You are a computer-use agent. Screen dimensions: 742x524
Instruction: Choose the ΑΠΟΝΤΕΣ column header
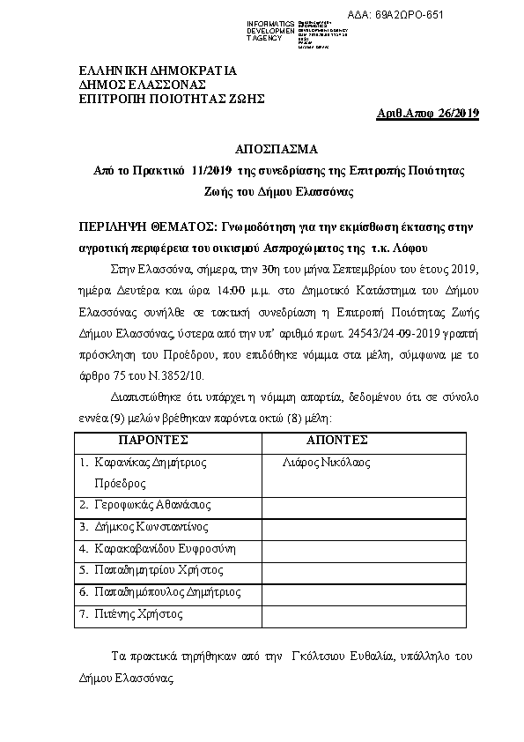coord(336,440)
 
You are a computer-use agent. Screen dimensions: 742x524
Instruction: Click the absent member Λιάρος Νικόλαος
coord(327,463)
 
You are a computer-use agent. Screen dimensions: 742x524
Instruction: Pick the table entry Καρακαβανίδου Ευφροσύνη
coord(164,549)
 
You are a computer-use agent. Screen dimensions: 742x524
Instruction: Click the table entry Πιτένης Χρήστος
coord(137,613)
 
